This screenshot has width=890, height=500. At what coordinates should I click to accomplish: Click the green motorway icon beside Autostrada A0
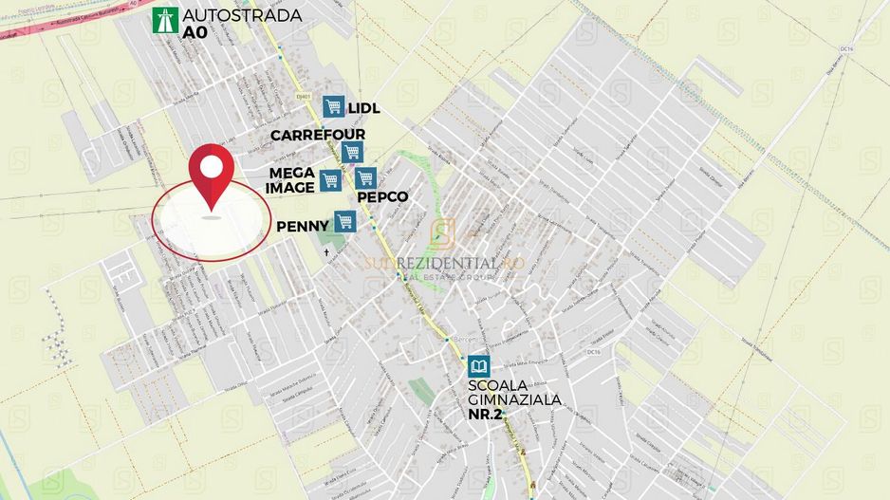(165, 21)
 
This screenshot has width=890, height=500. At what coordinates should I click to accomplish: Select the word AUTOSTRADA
(242, 15)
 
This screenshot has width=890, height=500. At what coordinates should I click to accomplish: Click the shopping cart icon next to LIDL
(332, 106)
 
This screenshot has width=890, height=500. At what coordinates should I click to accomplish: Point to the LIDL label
(364, 108)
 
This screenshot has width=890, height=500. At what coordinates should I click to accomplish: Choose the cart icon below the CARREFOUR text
(352, 152)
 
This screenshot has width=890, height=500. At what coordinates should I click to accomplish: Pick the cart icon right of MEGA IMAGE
(329, 179)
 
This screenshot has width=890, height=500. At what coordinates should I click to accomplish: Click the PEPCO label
(382, 197)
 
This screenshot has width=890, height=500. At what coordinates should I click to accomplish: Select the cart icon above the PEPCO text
(366, 177)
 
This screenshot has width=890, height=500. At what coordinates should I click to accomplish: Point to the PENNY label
(303, 227)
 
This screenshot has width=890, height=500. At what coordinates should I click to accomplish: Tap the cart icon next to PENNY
(344, 221)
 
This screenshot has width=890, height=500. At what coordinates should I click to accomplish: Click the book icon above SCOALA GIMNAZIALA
(479, 366)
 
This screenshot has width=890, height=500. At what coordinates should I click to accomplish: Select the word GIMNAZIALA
(513, 400)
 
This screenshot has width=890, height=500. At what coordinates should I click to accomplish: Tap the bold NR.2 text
(488, 415)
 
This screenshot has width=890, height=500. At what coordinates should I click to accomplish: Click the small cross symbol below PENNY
(327, 253)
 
